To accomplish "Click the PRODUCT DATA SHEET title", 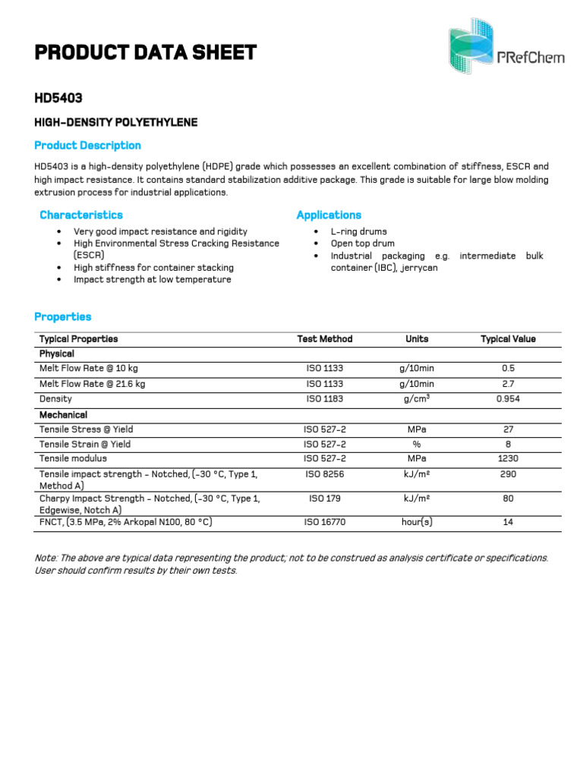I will click(145, 52).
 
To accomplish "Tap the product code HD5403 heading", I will click(58, 98).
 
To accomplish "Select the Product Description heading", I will click(87, 145).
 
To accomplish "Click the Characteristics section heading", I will click(80, 215).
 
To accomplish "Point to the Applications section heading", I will click(329, 215).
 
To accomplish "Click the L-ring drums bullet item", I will click(358, 231).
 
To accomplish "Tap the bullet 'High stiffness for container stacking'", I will click(153, 268).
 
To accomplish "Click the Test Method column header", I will click(325, 339).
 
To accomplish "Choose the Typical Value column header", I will click(508, 339).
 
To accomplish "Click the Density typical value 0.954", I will click(508, 398).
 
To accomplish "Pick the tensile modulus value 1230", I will click(508, 458).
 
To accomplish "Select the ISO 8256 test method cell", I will click(325, 474).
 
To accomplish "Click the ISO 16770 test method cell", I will click(325, 522).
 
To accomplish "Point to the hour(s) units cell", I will click(417, 522).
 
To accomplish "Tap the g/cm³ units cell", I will click(417, 398).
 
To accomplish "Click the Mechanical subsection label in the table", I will click(63, 415).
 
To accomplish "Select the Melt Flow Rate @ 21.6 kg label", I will click(92, 384).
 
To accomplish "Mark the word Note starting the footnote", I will click(46, 558).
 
